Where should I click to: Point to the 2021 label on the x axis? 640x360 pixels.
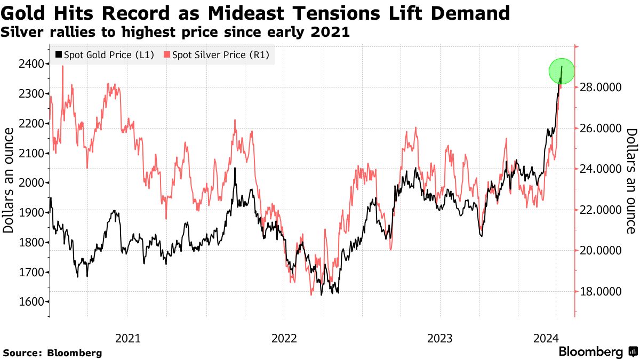127,338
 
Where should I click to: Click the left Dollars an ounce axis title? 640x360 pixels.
9,183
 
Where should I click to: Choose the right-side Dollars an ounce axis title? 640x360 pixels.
631,181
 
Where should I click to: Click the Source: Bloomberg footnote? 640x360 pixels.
52,353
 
